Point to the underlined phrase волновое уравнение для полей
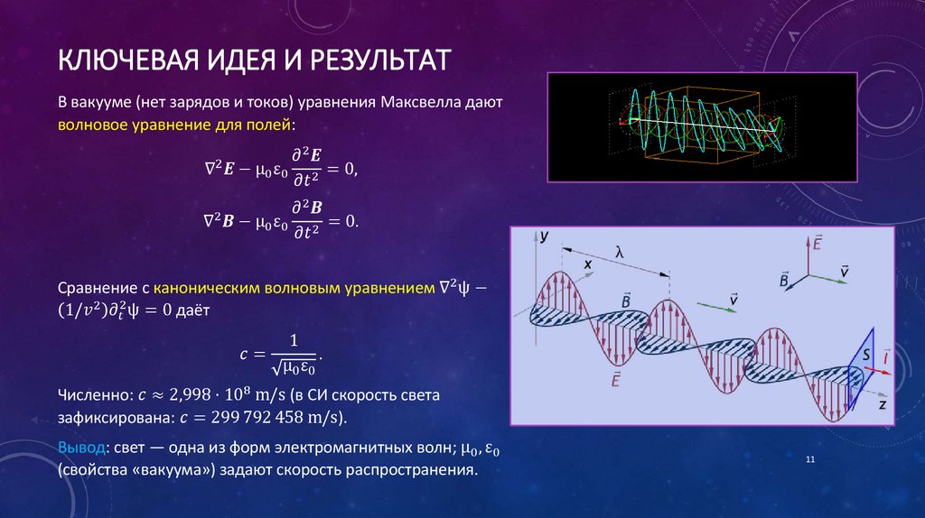(175, 124)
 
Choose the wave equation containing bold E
(280, 166)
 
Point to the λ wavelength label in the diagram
(620, 254)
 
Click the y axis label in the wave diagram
(544, 237)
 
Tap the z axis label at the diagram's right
(880, 405)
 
